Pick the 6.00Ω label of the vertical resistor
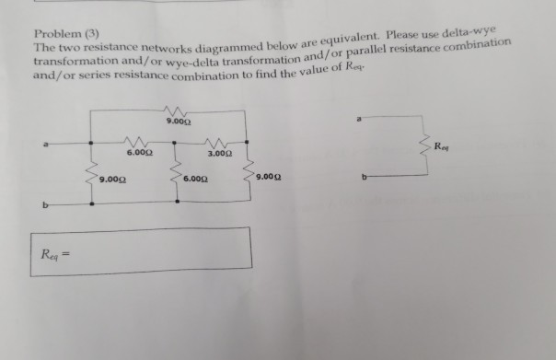tap(196, 178)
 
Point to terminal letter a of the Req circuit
tap(369, 117)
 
